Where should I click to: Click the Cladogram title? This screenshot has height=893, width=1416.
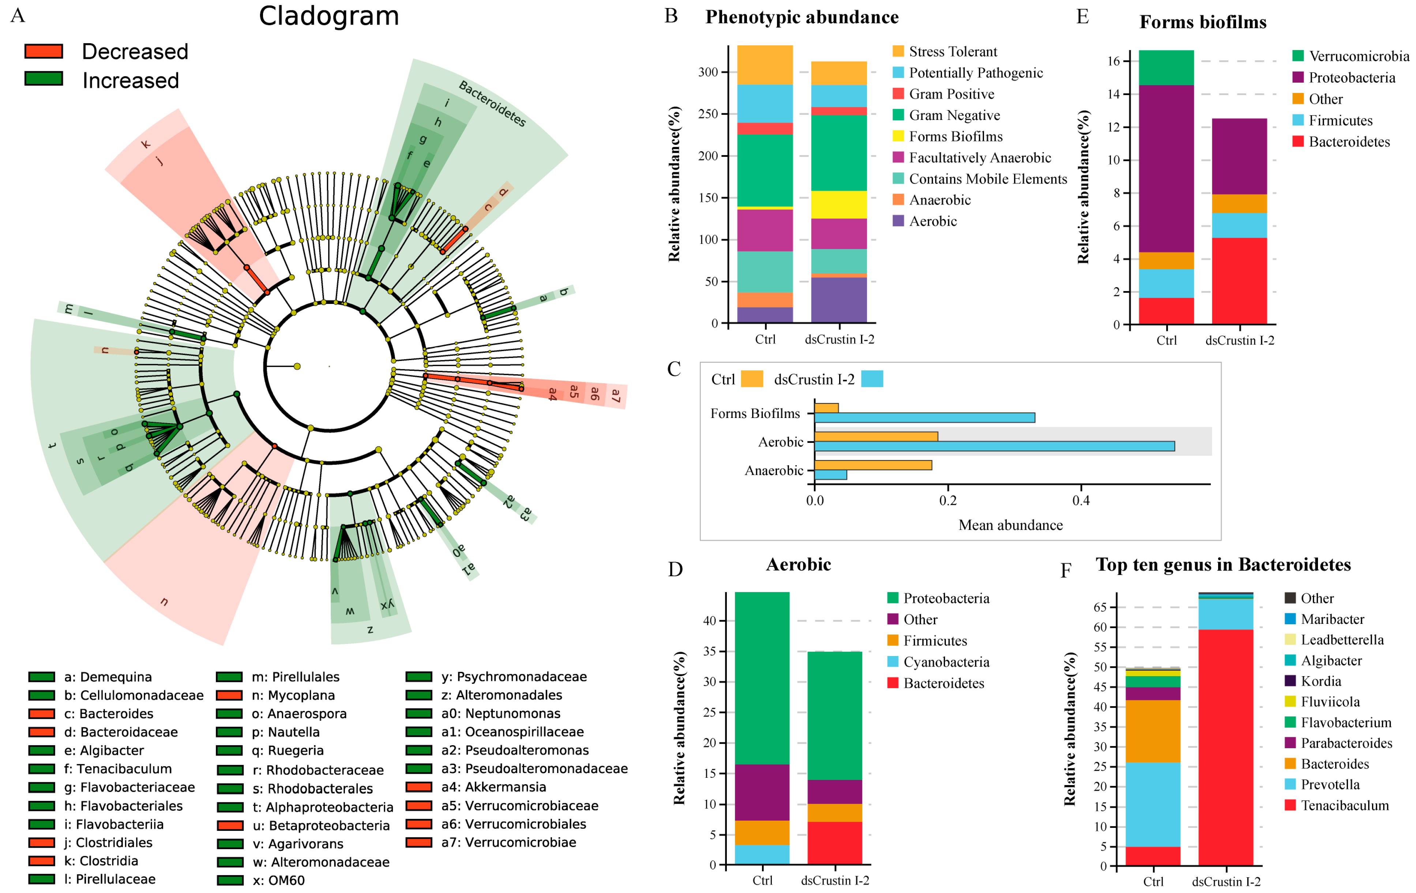[329, 16]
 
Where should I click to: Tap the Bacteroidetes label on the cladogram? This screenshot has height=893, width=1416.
[492, 104]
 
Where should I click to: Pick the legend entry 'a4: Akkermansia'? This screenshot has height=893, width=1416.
[493, 787]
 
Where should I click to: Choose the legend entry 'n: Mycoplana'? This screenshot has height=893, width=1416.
[293, 696]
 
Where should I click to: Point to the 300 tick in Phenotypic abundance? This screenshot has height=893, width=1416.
[708, 72]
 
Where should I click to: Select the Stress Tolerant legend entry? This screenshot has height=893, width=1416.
[953, 52]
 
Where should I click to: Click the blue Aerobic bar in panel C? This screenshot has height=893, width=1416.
[994, 446]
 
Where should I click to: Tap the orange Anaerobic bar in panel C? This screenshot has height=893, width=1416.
[873, 465]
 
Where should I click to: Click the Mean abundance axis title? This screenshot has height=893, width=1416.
[1010, 525]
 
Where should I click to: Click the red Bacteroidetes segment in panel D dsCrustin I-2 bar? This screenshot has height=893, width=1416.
[834, 843]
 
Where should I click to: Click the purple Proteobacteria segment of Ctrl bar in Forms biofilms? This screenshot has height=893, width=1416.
[1166, 169]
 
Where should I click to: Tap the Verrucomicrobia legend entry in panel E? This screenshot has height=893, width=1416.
[1358, 56]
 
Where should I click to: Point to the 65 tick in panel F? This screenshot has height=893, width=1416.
[1100, 607]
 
